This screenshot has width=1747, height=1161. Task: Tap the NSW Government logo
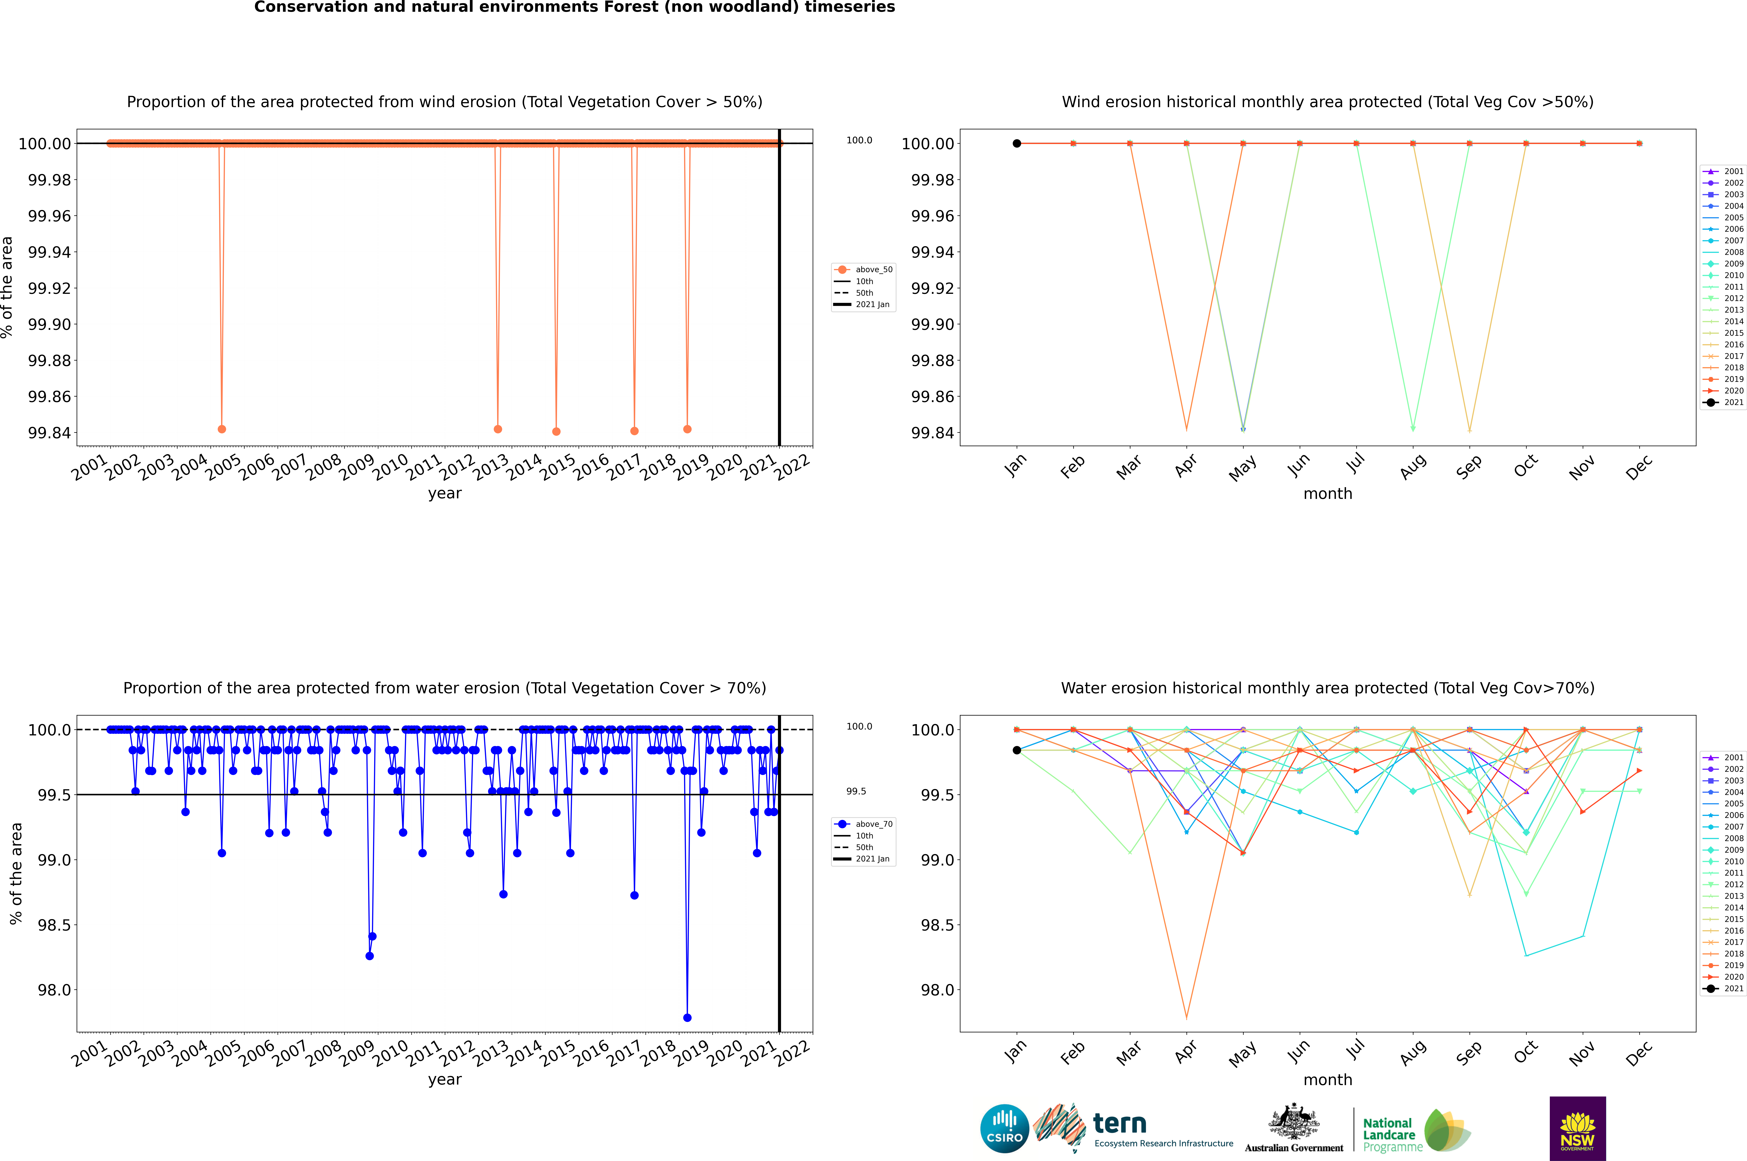pyautogui.click(x=1577, y=1128)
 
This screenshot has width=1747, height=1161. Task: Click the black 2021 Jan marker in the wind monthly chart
pyautogui.click(x=1017, y=144)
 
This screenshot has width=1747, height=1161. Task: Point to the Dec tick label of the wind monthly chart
pyautogui.click(x=1638, y=468)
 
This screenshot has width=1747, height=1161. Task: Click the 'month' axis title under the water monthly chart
pyautogui.click(x=1327, y=1080)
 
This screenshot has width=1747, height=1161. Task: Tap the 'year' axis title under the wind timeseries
pyautogui.click(x=444, y=493)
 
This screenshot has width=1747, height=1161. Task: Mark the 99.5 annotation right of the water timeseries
pyautogui.click(x=856, y=791)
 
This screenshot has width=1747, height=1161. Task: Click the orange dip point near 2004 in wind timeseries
pyautogui.click(x=221, y=429)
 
